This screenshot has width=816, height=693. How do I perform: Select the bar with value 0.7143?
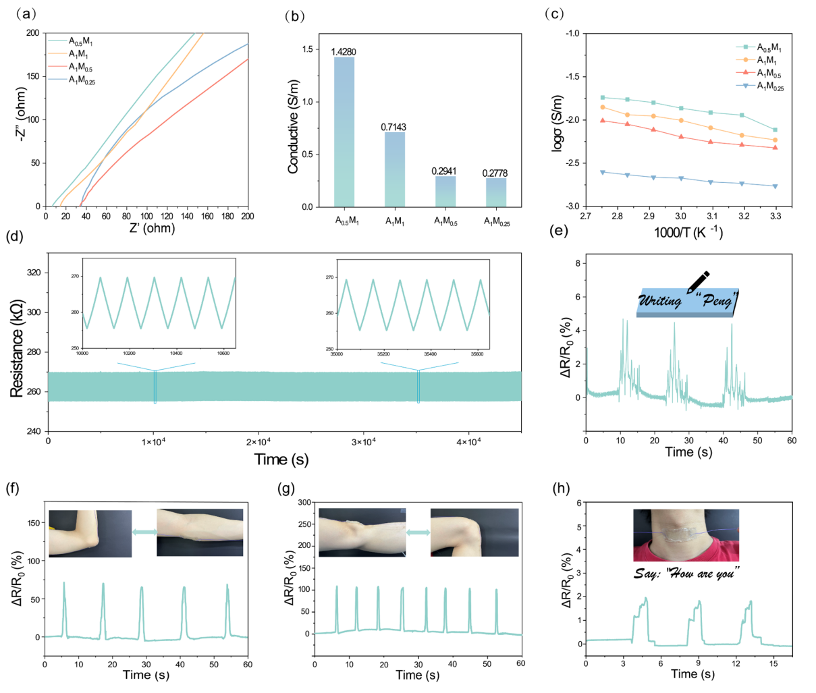click(x=395, y=169)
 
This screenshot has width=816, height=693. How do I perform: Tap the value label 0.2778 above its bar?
click(x=495, y=173)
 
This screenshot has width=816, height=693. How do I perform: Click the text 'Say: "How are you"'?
click(x=685, y=574)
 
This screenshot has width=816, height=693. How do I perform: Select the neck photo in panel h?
click(x=686, y=535)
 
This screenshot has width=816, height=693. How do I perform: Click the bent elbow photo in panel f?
click(x=90, y=532)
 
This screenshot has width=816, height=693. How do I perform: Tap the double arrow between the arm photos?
click(x=144, y=532)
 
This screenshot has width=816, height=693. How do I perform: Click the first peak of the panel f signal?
click(x=64, y=583)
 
